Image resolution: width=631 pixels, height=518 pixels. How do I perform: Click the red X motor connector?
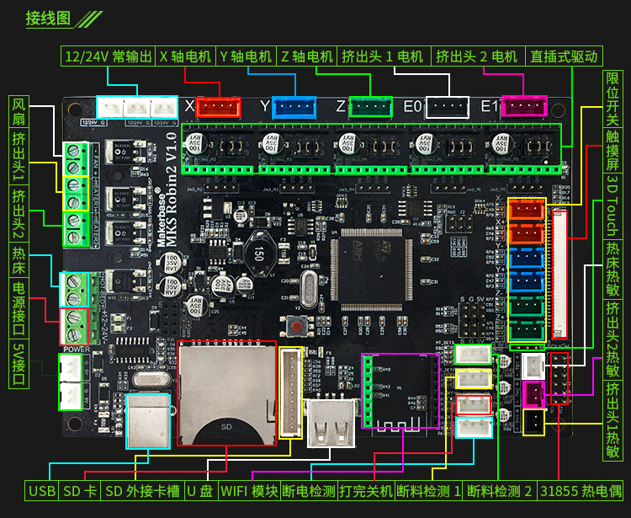click(x=218, y=107)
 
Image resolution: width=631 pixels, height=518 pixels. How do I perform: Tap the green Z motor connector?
click(x=370, y=107)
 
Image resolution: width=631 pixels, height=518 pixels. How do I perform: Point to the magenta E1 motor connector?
click(x=523, y=106)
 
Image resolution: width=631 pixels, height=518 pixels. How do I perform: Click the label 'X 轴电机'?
click(x=185, y=56)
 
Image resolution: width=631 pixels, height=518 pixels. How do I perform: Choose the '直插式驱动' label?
click(x=564, y=56)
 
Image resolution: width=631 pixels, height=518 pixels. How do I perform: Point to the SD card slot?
click(x=226, y=393)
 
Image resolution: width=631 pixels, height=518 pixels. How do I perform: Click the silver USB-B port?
click(x=150, y=419)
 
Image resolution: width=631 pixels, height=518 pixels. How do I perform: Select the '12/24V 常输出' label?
click(x=109, y=56)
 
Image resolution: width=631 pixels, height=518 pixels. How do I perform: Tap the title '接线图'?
click(x=48, y=18)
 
